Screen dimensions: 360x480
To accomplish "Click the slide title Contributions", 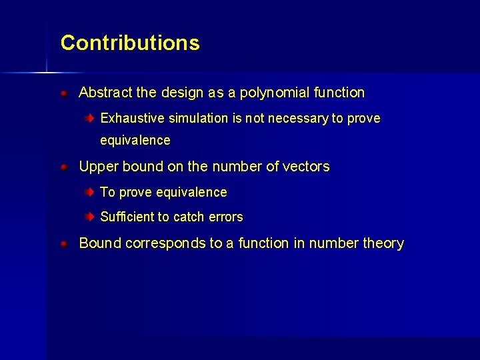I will coord(130,43).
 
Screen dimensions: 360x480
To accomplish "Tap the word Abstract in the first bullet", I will coord(103,93).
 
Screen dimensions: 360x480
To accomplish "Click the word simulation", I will coord(198,119).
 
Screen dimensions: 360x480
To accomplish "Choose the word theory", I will coord(383,243).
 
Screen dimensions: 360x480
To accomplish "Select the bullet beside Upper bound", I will coord(64,167).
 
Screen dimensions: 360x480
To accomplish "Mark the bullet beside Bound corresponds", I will coord(64,244).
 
